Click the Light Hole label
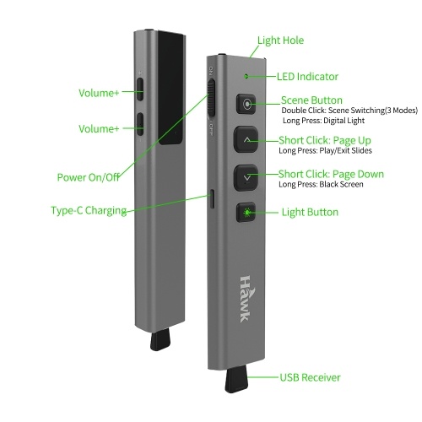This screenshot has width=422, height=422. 280,41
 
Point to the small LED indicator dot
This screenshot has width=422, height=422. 246,76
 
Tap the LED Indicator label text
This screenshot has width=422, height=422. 307,77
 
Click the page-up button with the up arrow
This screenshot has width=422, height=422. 246,139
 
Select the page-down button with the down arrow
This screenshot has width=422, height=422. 246,178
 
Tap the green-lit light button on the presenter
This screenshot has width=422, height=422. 246,212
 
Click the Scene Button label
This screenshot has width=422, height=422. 311,100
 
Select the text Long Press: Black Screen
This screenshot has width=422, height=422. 321,184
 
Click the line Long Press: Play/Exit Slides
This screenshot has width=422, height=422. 325,150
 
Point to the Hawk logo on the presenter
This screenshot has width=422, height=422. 246,299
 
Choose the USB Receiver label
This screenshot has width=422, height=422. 310,377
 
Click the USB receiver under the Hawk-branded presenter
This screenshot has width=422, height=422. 236,379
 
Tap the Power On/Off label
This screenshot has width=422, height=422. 89,177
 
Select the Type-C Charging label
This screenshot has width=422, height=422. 89,210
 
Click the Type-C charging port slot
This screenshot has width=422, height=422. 213,199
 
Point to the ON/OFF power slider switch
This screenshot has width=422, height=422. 211,98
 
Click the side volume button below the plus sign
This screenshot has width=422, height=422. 140,89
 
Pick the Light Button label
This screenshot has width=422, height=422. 310,212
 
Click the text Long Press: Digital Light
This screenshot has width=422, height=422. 323,121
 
